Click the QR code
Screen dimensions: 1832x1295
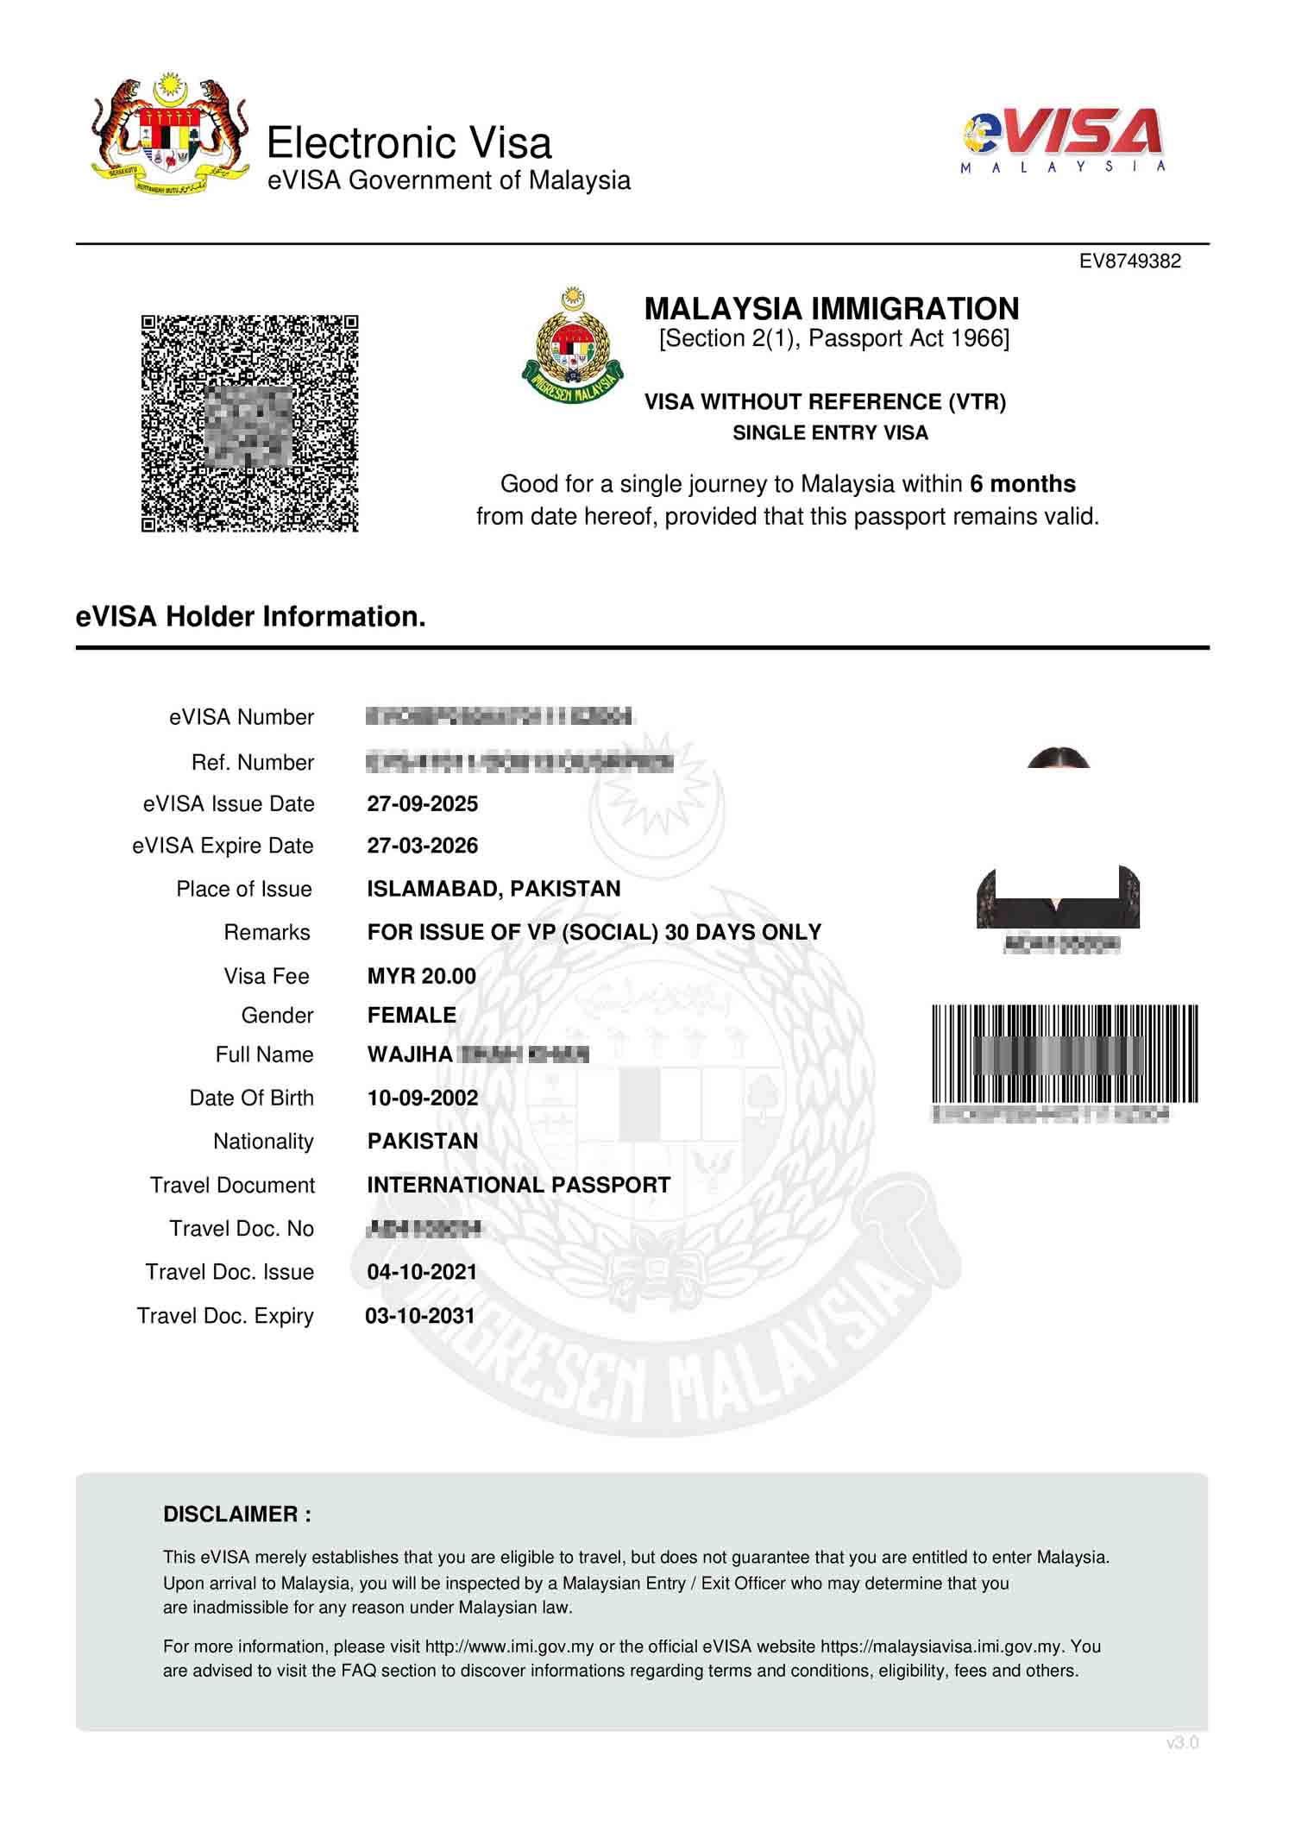click(x=249, y=423)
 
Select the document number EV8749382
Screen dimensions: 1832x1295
click(x=1129, y=261)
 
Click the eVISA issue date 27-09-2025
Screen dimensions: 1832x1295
click(x=422, y=804)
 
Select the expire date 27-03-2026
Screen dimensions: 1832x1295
click(x=422, y=846)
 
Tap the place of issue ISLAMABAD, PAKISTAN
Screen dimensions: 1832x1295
click(x=493, y=889)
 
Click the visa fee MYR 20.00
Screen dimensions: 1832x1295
click(x=421, y=976)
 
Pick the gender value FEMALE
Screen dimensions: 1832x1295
click(x=412, y=1015)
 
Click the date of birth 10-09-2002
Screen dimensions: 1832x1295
click(x=422, y=1098)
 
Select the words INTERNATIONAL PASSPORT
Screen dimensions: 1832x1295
click(x=519, y=1185)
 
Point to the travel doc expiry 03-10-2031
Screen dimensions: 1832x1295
click(x=420, y=1316)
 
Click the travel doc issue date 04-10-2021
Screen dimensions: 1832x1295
click(x=421, y=1272)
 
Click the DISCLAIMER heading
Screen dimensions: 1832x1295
click(x=237, y=1514)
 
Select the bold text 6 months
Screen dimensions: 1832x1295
click(x=1022, y=484)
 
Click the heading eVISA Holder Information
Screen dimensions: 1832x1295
click(x=251, y=617)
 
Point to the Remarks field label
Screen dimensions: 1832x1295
click(x=267, y=933)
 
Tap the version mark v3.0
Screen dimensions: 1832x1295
click(x=1182, y=1743)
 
